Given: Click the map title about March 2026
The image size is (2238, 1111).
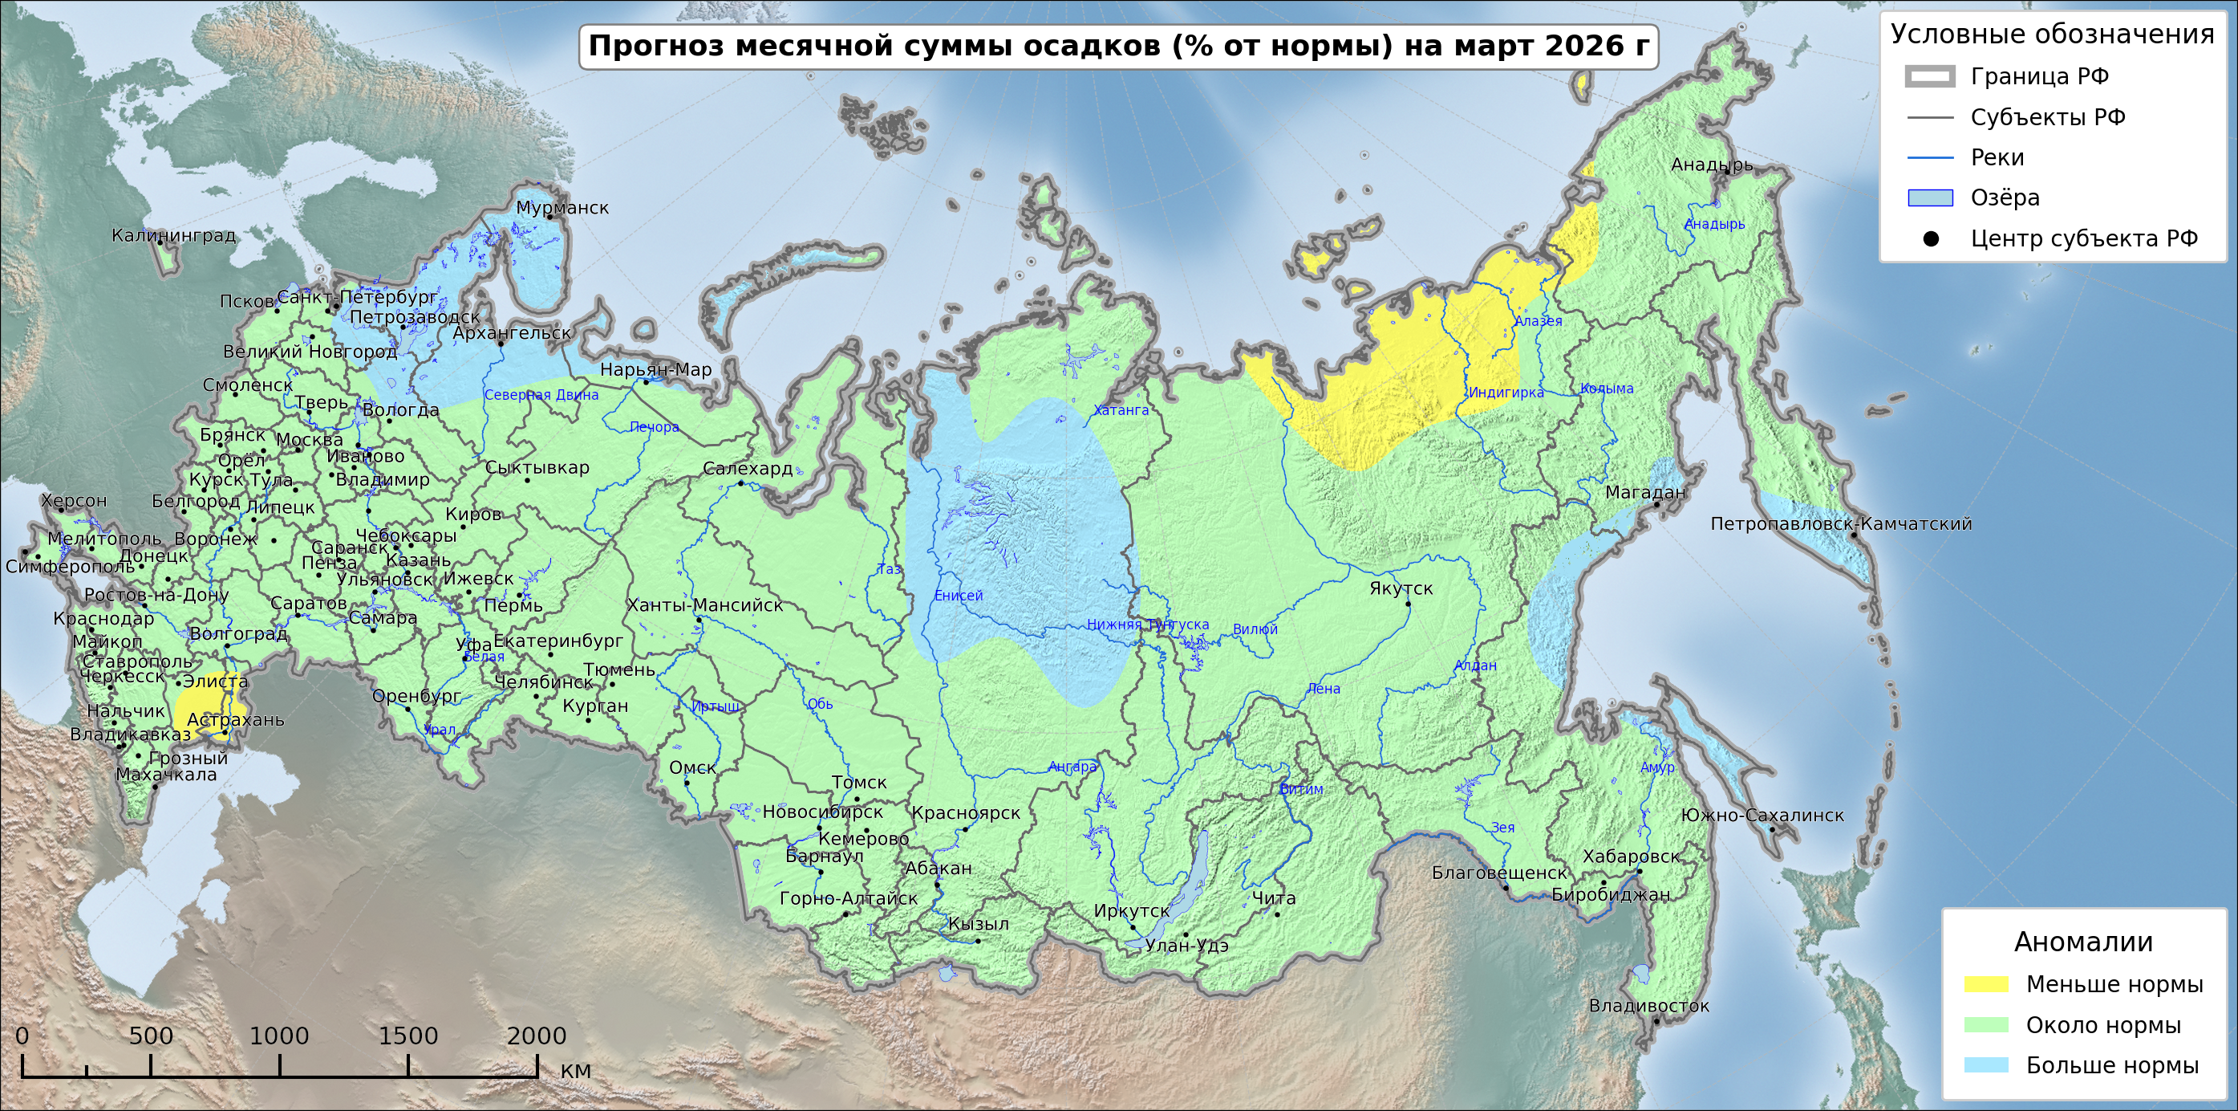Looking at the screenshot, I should click(x=1118, y=46).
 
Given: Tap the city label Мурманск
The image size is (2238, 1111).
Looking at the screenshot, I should click(x=562, y=208).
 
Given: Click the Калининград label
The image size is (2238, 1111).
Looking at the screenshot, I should click(x=174, y=235).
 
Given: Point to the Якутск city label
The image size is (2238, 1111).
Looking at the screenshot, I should click(x=1401, y=588).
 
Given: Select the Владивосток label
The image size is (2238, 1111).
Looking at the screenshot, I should click(x=1648, y=1006).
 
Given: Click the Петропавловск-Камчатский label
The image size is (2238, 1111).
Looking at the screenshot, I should click(x=1840, y=524).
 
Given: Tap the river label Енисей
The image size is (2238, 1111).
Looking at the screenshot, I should click(x=959, y=596).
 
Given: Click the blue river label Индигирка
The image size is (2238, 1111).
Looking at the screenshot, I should click(x=1506, y=393).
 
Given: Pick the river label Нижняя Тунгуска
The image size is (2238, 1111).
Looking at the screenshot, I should click(x=1148, y=625).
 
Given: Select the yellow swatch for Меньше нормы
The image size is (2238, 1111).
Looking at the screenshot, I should click(x=1986, y=984).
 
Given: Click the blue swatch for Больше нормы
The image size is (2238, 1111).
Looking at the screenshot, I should click(x=1986, y=1065).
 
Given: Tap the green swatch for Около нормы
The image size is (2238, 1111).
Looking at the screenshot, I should click(x=1986, y=1025).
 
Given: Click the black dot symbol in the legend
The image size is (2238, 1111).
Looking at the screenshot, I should click(x=1931, y=239).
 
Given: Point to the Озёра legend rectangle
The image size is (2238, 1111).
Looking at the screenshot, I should click(x=1931, y=198).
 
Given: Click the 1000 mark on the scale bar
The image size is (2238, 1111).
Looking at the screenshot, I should click(x=279, y=1036).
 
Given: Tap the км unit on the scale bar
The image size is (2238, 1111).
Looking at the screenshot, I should click(x=575, y=1070).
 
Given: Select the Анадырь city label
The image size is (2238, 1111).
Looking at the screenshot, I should click(x=1712, y=165).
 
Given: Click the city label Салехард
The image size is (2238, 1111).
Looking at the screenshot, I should click(x=747, y=469).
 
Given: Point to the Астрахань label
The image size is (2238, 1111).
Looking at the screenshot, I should click(x=236, y=720).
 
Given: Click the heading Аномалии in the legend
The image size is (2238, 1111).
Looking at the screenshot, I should click(x=2083, y=942).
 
